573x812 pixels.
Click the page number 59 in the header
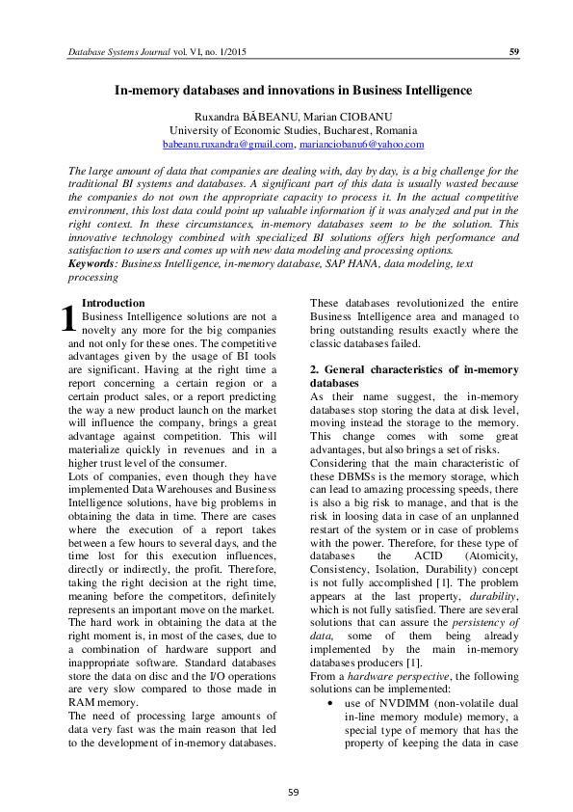(514, 51)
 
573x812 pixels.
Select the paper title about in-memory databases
(293, 91)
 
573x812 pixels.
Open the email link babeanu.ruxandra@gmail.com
(227, 144)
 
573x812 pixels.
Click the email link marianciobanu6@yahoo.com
(361, 144)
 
